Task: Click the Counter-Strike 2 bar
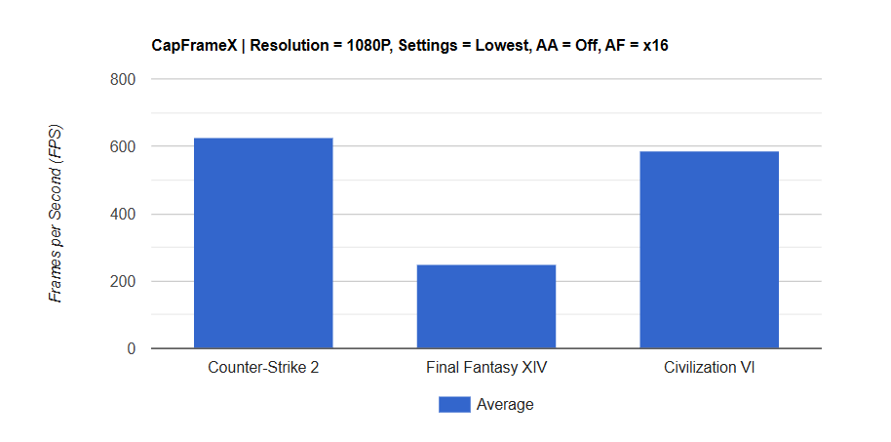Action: pos(263,243)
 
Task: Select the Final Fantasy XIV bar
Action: pos(485,306)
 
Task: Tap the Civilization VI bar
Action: pos(709,250)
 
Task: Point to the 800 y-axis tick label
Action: pos(122,79)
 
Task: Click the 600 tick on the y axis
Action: pos(122,146)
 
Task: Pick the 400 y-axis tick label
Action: pos(122,214)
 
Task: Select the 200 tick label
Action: pos(122,281)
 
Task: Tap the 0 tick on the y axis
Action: pos(130,348)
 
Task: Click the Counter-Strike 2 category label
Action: pos(263,369)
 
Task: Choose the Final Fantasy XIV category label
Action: pos(485,369)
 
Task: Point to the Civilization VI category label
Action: pos(709,369)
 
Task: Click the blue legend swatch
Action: pos(454,404)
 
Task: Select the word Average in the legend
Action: pos(505,404)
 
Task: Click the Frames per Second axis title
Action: pos(57,213)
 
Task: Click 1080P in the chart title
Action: pos(368,45)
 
